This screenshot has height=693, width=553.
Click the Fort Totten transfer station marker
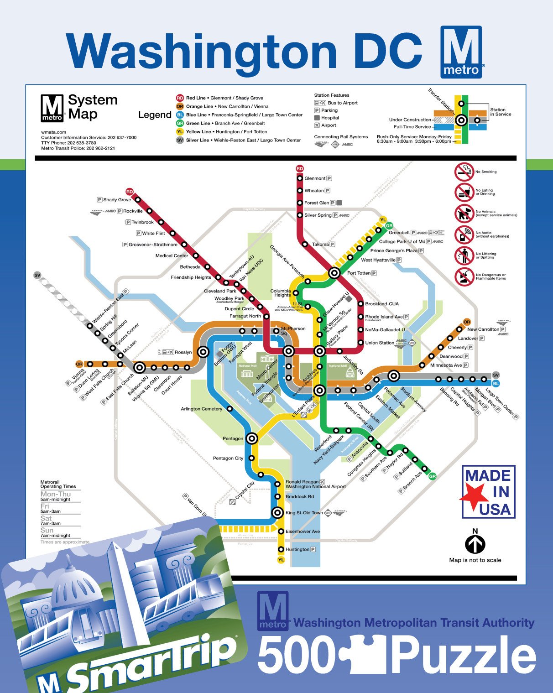[334, 273]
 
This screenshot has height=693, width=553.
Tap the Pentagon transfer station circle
[252, 438]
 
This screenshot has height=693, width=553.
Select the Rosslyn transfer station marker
[203, 352]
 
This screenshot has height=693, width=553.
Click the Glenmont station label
[315, 178]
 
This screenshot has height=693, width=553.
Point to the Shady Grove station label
[117, 200]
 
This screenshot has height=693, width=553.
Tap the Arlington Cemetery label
[201, 409]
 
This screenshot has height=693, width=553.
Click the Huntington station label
[297, 549]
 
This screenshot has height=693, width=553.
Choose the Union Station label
[379, 343]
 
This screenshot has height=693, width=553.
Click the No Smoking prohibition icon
[464, 172]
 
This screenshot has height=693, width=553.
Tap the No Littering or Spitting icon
[464, 255]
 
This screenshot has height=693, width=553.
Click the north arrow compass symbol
[475, 544]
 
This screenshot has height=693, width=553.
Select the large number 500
[297, 654]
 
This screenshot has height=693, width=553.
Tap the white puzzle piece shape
[365, 654]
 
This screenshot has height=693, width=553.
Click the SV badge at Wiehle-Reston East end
[37, 275]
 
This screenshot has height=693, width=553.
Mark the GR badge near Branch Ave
[432, 476]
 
